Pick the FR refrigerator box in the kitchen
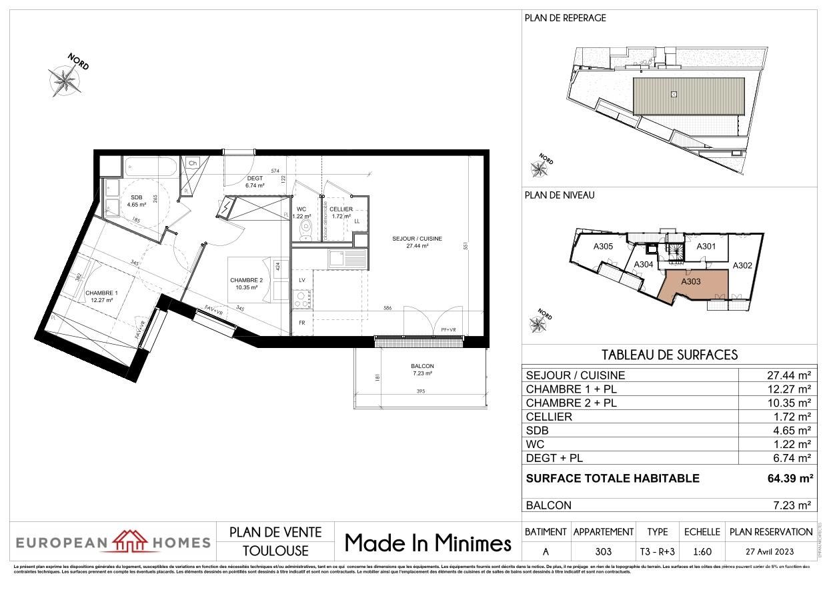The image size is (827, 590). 302,323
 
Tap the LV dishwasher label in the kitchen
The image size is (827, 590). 302,280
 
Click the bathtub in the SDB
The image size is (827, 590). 150,166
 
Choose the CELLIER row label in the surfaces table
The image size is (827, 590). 549,417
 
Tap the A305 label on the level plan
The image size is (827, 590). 603,247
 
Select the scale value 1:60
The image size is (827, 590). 701,551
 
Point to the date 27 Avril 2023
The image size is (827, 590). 771,551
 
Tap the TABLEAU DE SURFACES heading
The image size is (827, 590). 669,355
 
